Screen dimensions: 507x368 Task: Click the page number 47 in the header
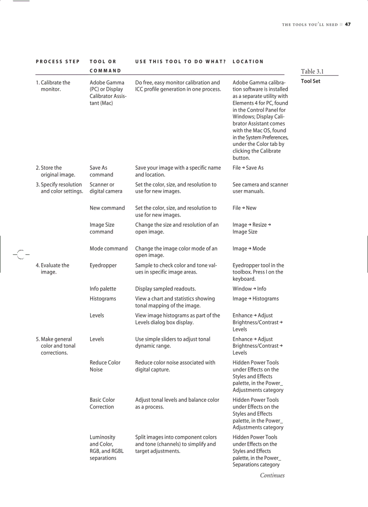click(348, 24)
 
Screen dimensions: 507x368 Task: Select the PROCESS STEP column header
click(58, 61)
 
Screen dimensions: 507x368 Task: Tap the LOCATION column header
click(248, 61)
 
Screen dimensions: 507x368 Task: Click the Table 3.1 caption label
click(312, 71)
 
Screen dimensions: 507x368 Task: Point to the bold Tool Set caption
click(310, 81)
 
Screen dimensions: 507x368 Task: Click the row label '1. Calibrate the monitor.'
click(53, 86)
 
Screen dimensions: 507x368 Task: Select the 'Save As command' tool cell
click(101, 171)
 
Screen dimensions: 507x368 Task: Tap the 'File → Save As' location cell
click(248, 168)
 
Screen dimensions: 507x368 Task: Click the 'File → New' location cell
click(246, 208)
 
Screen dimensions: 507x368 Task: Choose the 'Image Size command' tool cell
click(102, 228)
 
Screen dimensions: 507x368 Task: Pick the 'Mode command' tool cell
click(108, 248)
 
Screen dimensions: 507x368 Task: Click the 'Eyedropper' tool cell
click(102, 265)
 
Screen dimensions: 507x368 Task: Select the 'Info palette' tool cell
click(103, 289)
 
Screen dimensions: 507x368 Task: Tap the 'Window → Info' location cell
click(249, 289)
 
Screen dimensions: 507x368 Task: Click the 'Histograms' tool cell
click(103, 299)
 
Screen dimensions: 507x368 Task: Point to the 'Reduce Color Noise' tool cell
click(105, 366)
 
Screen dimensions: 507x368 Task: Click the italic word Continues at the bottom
click(272, 475)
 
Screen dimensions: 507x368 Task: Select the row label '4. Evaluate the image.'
click(52, 269)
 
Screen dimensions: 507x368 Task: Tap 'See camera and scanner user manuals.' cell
click(260, 188)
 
